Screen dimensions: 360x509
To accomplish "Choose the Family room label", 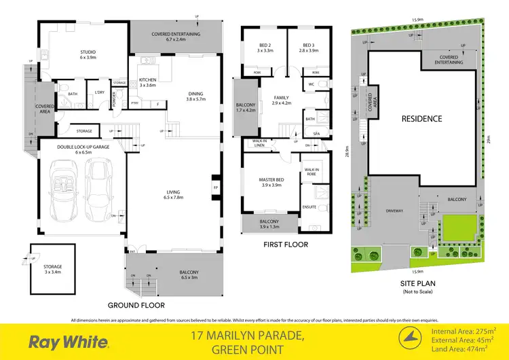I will click(x=281, y=100).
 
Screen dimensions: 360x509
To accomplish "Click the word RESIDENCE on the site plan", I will click(x=421, y=119).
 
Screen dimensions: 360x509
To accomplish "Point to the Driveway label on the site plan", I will click(x=394, y=211).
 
